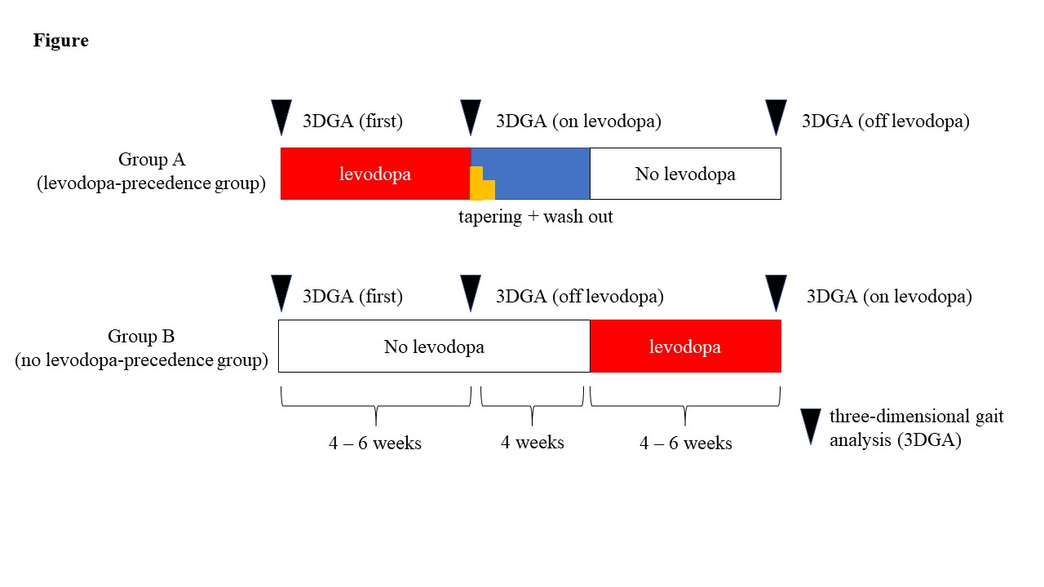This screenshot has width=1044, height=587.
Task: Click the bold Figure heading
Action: [x=61, y=41]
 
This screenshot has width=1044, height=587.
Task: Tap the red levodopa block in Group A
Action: [x=375, y=174]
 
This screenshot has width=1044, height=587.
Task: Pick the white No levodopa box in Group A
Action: [x=685, y=174]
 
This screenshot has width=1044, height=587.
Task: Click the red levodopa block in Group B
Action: [x=685, y=346]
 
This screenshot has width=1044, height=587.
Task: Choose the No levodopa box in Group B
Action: [x=434, y=346]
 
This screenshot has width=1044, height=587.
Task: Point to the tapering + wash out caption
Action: [x=535, y=217]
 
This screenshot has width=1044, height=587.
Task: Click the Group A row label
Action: [x=152, y=172]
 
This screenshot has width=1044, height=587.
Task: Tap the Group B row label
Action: [x=141, y=348]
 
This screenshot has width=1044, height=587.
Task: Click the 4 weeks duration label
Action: [x=533, y=443]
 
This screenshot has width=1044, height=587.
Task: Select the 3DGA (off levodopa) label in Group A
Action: [x=886, y=122]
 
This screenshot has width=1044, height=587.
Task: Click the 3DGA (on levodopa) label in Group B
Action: [x=889, y=297]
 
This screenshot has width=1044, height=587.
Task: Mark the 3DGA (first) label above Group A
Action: [x=352, y=122]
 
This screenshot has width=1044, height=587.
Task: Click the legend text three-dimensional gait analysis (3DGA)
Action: [x=916, y=426]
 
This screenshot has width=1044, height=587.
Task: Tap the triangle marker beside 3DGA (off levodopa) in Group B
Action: [x=471, y=293]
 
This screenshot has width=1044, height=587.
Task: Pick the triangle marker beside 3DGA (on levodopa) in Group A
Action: [x=471, y=117]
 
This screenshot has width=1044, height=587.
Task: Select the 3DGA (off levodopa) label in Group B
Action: [x=579, y=297]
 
